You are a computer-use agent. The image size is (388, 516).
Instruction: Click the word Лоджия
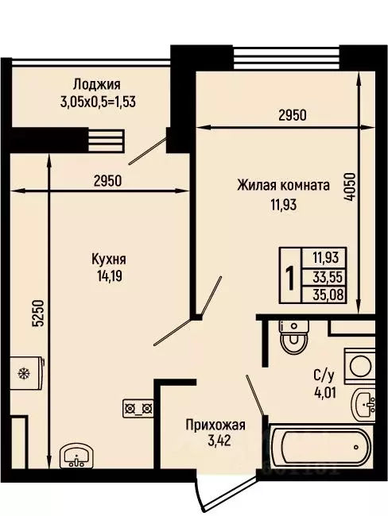[97, 83]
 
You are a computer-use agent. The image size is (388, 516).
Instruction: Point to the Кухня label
[111, 260]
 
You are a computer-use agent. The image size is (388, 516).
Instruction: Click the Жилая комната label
[283, 186]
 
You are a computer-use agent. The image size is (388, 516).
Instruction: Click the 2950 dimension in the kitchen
[107, 180]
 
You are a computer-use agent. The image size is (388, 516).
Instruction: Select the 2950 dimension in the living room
[292, 115]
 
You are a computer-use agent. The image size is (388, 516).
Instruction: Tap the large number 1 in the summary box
[291, 278]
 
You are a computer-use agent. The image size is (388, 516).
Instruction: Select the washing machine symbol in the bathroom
[362, 367]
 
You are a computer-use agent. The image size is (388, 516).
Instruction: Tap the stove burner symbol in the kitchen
[138, 409]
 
